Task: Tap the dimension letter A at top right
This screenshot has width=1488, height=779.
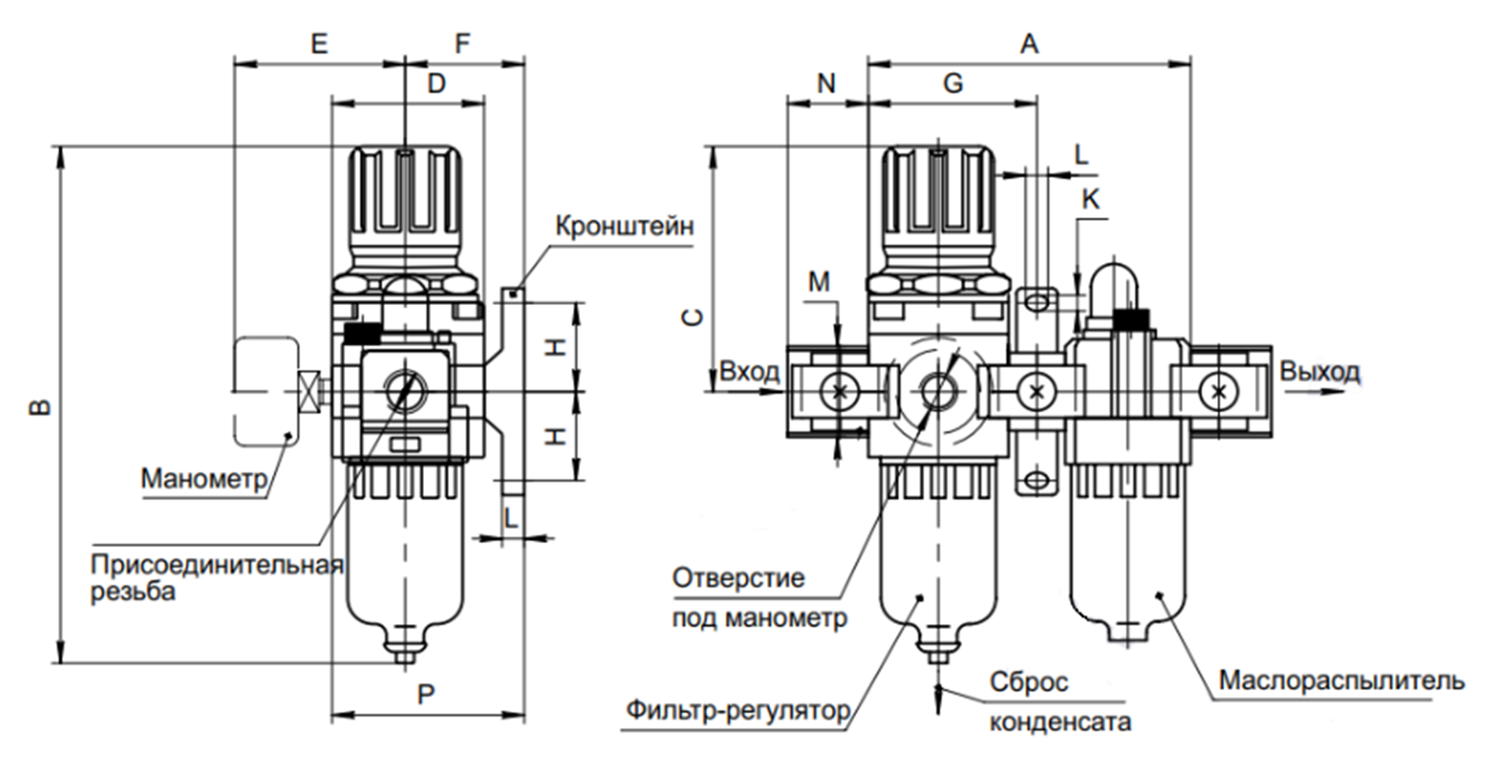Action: pyautogui.click(x=1029, y=45)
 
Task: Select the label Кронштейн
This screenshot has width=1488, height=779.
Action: pyautogui.click(x=624, y=226)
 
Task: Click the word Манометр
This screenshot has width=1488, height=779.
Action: pyautogui.click(x=204, y=479)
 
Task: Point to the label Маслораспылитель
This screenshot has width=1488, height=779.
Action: pyautogui.click(x=1341, y=680)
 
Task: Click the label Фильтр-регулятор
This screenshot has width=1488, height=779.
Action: pyautogui.click(x=738, y=710)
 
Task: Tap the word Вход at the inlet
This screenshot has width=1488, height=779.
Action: pyautogui.click(x=749, y=371)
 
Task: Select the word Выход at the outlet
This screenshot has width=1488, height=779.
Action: pyautogui.click(x=1319, y=371)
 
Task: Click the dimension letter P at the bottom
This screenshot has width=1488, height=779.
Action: pyautogui.click(x=426, y=695)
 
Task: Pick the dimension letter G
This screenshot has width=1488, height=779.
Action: pyautogui.click(x=953, y=83)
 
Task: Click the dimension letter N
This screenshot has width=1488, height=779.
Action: pyautogui.click(x=826, y=83)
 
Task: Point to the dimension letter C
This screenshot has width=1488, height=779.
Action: pyautogui.click(x=692, y=317)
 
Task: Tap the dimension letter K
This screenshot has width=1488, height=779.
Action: pyautogui.click(x=1090, y=199)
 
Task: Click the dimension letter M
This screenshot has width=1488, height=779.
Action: pyautogui.click(x=820, y=281)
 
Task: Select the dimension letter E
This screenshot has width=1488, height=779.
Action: pyautogui.click(x=318, y=43)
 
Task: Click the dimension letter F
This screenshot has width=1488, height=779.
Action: pyautogui.click(x=463, y=43)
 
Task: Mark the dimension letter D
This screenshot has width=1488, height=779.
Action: pyautogui.click(x=436, y=83)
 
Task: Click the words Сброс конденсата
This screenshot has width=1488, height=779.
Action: pyautogui.click(x=1058, y=701)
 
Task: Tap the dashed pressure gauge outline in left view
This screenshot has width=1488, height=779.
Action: pyautogui.click(x=265, y=390)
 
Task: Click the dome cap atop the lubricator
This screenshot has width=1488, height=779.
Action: pyautogui.click(x=1113, y=282)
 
